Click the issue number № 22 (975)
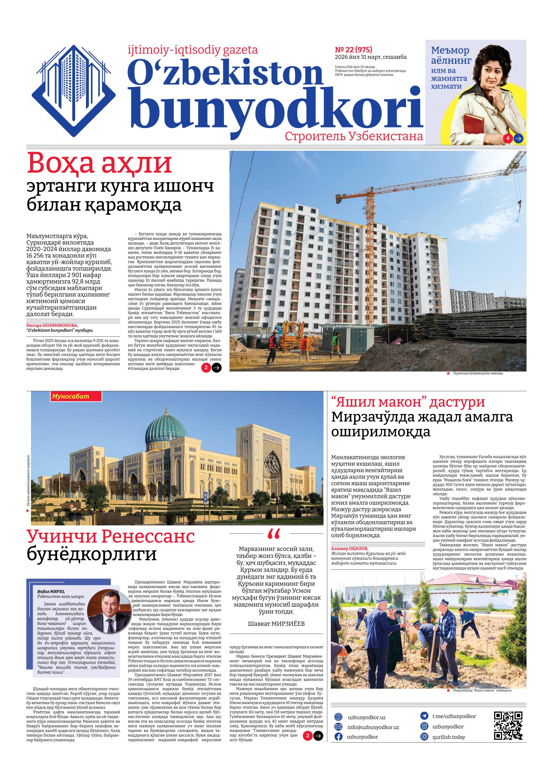353,49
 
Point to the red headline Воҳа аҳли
100,164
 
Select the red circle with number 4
508,138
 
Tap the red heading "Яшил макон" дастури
408,402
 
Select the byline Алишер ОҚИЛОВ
349,548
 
